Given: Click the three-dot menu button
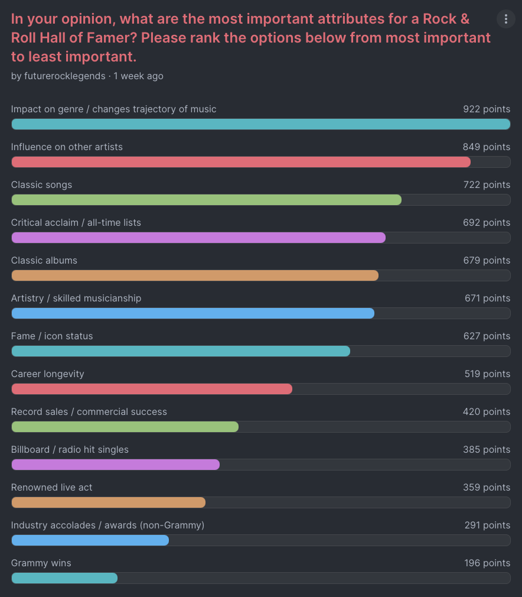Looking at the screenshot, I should click(x=505, y=19).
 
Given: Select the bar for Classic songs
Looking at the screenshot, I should click(x=206, y=200).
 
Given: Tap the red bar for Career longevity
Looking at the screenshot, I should click(x=152, y=389).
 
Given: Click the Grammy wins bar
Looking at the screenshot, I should click(x=64, y=578).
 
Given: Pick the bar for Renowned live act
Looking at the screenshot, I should click(x=108, y=502).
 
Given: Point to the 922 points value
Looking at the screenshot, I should click(x=487, y=109).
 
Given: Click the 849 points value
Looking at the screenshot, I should click(x=487, y=147).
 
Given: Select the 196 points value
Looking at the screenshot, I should click(x=487, y=563).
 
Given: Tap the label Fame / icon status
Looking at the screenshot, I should click(x=52, y=336).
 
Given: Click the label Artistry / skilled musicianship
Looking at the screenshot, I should click(x=76, y=298).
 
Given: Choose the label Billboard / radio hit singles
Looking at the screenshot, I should click(x=70, y=450).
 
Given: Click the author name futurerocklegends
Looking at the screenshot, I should click(x=65, y=76).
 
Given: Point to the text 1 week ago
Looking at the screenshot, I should click(x=139, y=76).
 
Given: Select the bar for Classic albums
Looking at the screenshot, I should click(x=195, y=275).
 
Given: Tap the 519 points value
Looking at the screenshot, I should click(x=487, y=374).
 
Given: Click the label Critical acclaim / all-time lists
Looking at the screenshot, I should click(x=76, y=223).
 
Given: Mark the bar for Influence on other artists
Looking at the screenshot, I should click(x=241, y=162).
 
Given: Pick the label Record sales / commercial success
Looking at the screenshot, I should click(x=89, y=412).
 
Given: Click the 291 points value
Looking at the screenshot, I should click(x=487, y=525).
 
